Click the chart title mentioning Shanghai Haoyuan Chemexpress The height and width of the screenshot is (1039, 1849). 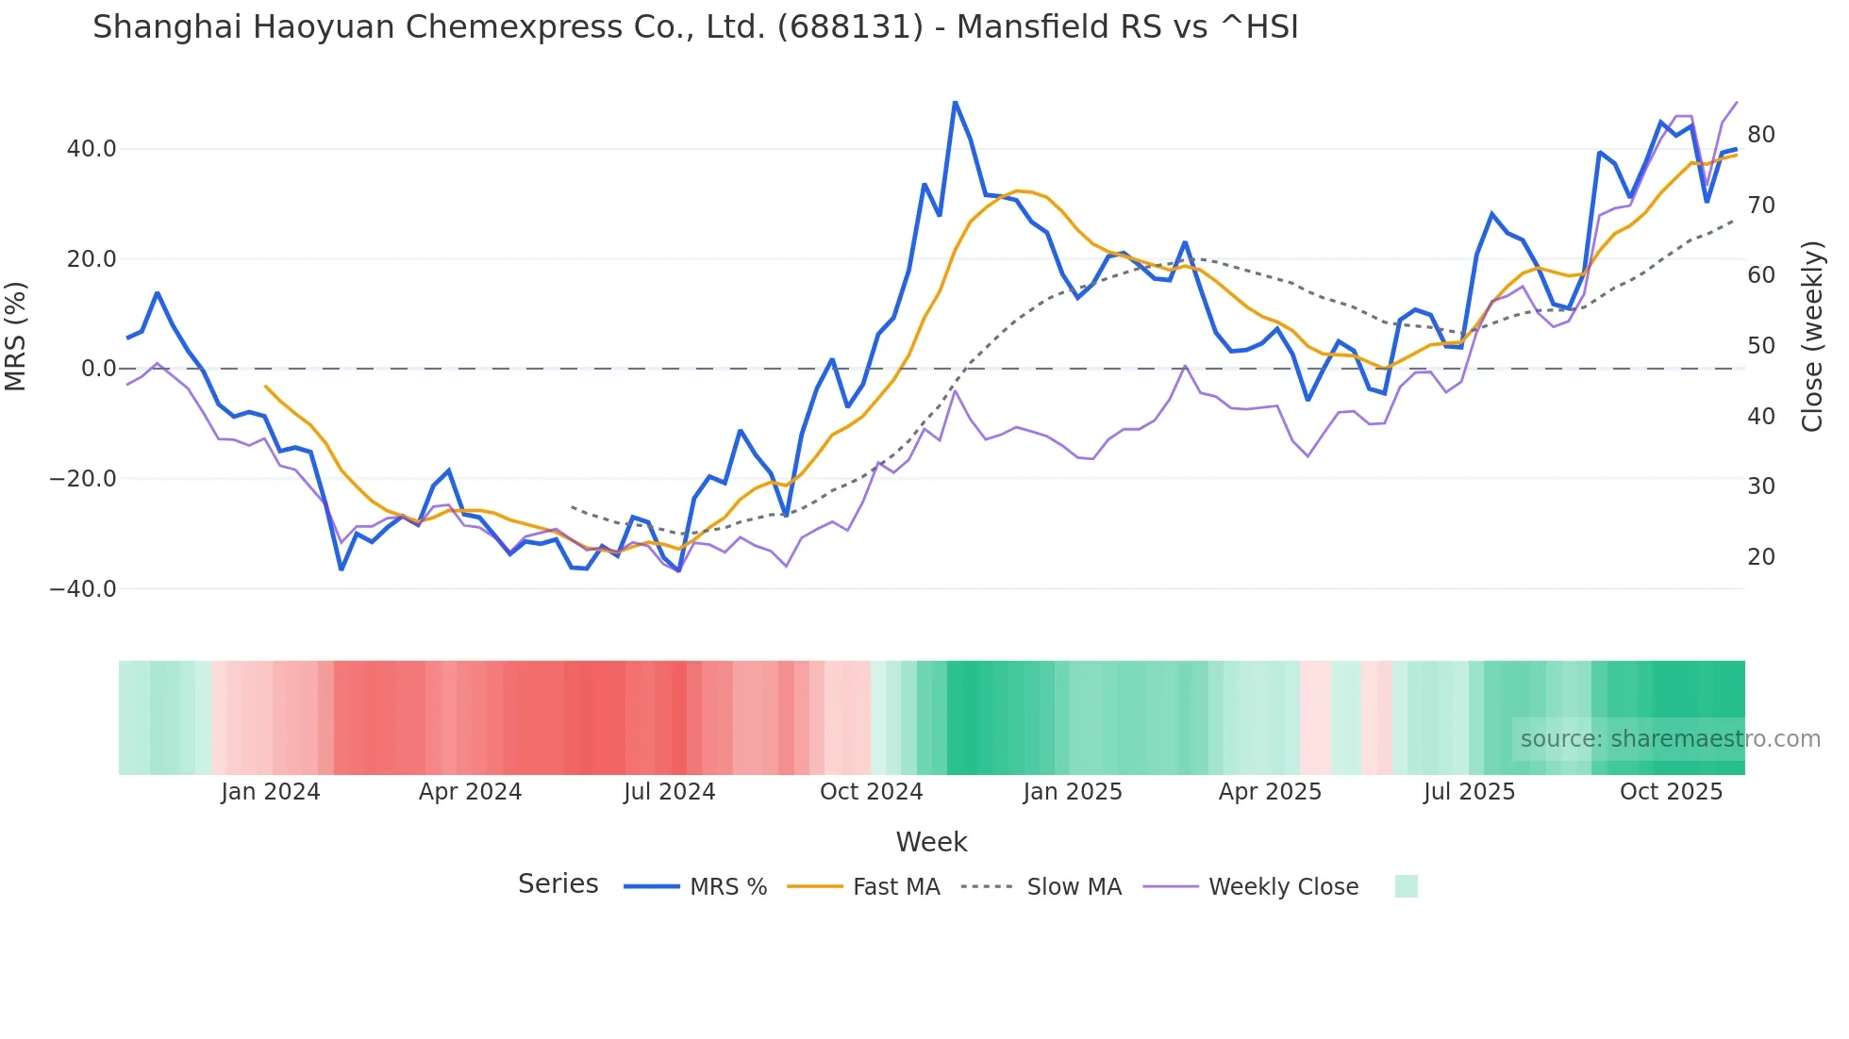(x=695, y=27)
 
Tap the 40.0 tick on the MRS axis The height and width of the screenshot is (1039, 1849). (x=92, y=149)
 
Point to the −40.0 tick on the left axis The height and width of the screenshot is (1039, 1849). (x=83, y=589)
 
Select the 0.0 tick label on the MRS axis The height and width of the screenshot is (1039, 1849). (x=99, y=369)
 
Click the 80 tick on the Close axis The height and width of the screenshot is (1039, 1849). (x=1760, y=135)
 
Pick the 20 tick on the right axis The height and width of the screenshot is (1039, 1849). (x=1760, y=557)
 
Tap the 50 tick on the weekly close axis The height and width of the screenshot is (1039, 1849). (x=1760, y=346)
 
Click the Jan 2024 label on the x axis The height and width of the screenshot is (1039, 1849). (x=271, y=792)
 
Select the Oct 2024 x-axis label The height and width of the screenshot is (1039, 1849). (x=871, y=792)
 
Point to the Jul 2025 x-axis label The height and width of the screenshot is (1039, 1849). (x=1469, y=792)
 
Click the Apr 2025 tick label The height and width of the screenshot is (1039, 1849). (x=1270, y=792)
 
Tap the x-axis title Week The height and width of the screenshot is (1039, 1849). (x=931, y=842)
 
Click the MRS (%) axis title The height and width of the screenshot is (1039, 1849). (x=16, y=336)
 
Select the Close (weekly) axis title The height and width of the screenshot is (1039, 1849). (x=1811, y=337)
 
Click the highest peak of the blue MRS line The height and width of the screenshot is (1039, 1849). (x=955, y=102)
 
